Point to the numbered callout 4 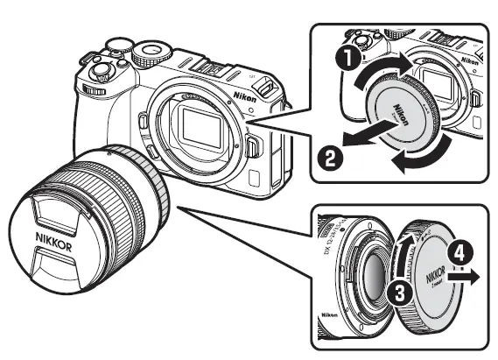point(460,257)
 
